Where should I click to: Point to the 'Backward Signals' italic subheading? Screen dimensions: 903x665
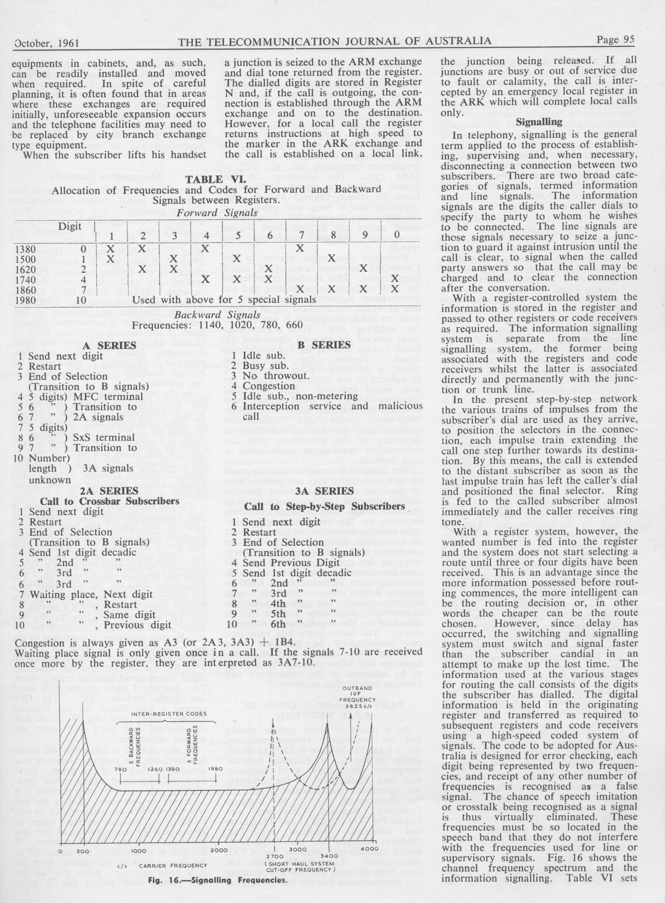(x=217, y=315)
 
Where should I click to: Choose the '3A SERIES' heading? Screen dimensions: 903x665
(x=324, y=491)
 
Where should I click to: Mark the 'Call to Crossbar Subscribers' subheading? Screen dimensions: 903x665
(x=110, y=501)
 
